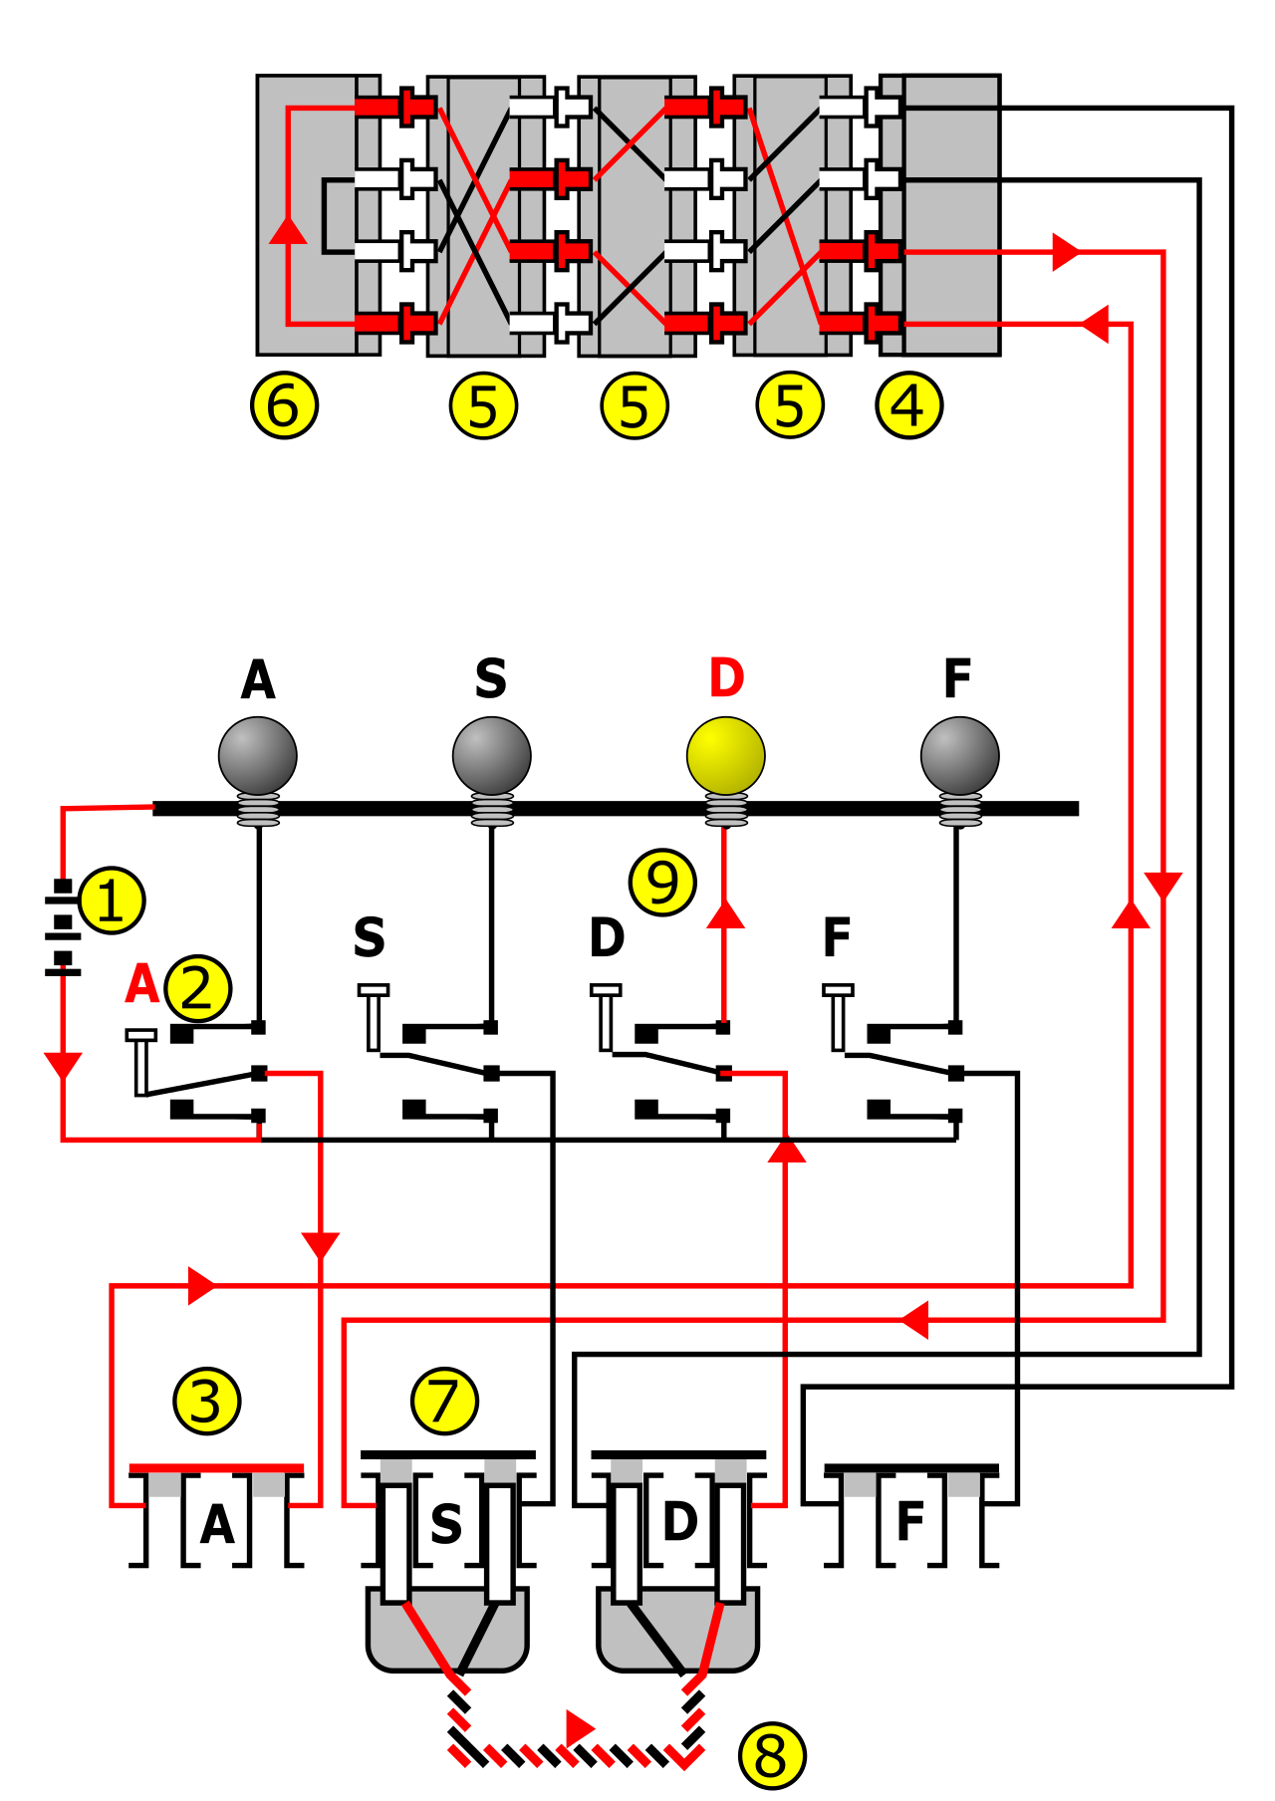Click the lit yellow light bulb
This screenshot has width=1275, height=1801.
pyautogui.click(x=726, y=757)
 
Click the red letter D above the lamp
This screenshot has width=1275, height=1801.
pyautogui.click(x=727, y=678)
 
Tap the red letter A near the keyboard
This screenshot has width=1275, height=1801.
pyautogui.click(x=142, y=984)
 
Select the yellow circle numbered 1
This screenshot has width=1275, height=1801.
pyautogui.click(x=112, y=900)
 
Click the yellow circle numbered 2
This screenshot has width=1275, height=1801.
pyautogui.click(x=198, y=988)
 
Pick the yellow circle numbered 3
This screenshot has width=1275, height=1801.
pyautogui.click(x=207, y=1402)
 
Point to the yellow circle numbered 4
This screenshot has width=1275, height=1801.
pyautogui.click(x=908, y=405)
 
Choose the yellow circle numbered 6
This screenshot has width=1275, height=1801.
pyautogui.click(x=285, y=405)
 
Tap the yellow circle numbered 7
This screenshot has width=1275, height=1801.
pyautogui.click(x=444, y=1401)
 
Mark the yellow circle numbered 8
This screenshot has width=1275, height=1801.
pyautogui.click(x=772, y=1755)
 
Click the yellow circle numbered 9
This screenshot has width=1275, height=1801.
pyautogui.click(x=662, y=882)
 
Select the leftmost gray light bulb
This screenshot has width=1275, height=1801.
pyautogui.click(x=258, y=757)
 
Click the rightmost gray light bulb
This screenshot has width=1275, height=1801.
pyautogui.click(x=960, y=757)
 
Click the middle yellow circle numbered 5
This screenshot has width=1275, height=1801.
pyautogui.click(x=635, y=405)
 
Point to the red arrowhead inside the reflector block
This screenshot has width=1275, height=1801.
pyautogui.click(x=288, y=230)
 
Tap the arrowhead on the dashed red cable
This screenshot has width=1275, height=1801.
pyautogui.click(x=579, y=1726)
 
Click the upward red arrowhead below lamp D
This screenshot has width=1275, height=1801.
pyautogui.click(x=726, y=913)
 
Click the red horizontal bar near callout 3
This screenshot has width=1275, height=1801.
pyautogui.click(x=216, y=1467)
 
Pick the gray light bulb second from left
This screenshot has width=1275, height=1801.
pyautogui.click(x=492, y=757)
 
